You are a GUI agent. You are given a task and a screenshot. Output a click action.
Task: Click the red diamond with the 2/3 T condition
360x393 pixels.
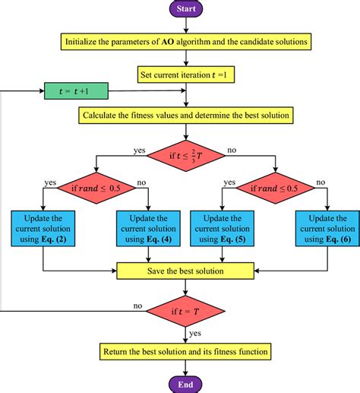coord(185,157)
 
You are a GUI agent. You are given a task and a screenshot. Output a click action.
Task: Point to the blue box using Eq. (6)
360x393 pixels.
coord(325,227)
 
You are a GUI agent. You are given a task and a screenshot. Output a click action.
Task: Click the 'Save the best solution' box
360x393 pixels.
coord(185,270)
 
